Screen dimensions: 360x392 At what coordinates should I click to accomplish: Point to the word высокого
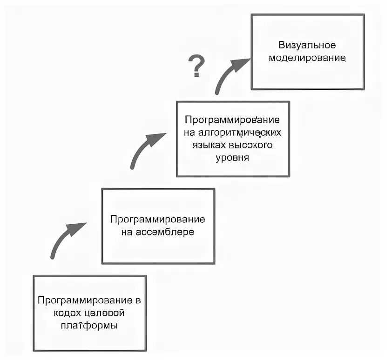pyautogui.click(x=252, y=145)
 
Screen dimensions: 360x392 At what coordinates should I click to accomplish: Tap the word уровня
pyautogui.click(x=233, y=157)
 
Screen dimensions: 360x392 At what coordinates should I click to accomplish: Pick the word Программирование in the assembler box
pyautogui.click(x=157, y=219)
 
